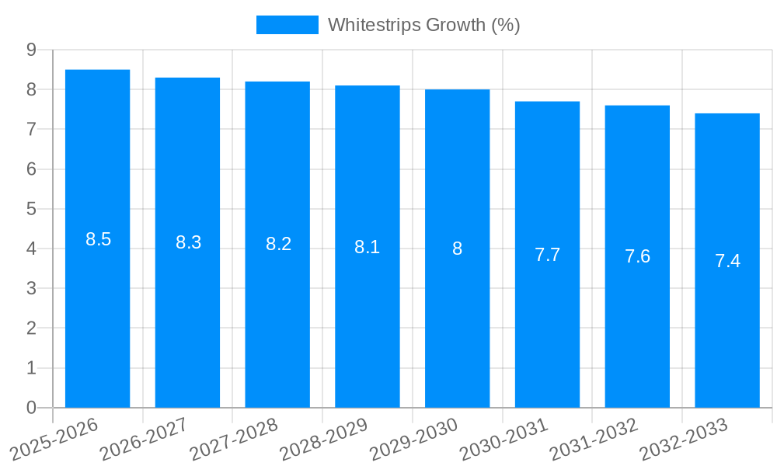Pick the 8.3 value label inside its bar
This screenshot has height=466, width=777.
[188, 242]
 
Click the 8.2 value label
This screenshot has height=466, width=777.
[278, 244]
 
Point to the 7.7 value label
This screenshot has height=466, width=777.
[547, 255]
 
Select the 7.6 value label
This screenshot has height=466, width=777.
[637, 256]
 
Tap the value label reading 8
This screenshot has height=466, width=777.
[458, 249]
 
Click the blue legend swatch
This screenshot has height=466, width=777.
[287, 25]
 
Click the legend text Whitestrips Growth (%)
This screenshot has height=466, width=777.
[423, 25]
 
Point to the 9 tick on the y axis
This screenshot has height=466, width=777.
[31, 50]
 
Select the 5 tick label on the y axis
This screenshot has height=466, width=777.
[31, 209]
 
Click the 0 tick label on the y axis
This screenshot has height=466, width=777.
[31, 408]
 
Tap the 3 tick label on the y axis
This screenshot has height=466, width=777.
[31, 289]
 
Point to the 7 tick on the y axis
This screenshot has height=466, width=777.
[31, 130]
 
